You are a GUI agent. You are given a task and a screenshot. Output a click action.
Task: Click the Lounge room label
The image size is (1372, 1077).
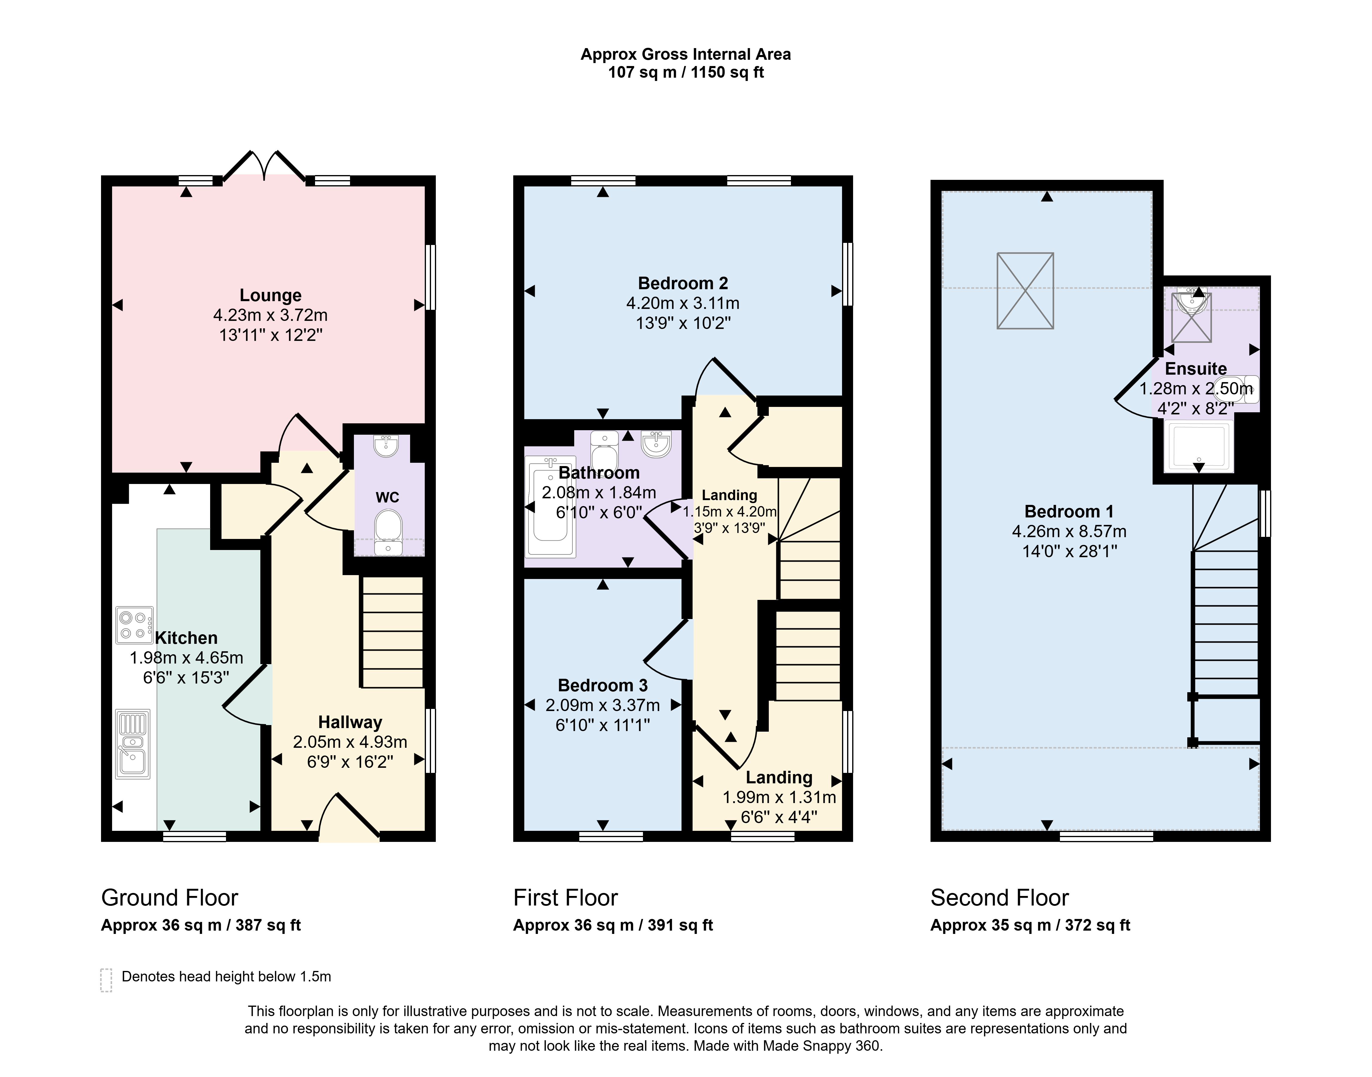coord(271,295)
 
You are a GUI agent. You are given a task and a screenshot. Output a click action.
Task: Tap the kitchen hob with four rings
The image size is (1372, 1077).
coord(135,625)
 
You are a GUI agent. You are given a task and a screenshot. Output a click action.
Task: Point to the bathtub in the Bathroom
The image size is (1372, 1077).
coord(551,506)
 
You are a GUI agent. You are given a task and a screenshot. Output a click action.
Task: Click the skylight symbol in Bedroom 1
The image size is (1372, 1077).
coord(1025,291)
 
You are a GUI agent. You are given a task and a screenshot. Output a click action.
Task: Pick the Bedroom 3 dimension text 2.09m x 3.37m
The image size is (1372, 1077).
coord(602,705)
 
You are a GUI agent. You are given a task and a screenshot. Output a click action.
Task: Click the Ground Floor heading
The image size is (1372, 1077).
coord(170,897)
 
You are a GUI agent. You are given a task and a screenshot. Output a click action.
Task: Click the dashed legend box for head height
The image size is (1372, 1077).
coord(106,980)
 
